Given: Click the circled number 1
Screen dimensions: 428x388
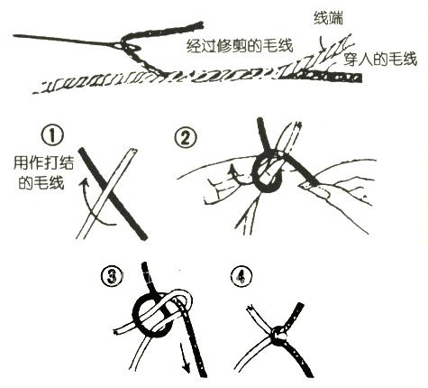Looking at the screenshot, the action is tap(52, 135).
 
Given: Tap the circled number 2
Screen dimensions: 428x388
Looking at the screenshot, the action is tap(186, 139).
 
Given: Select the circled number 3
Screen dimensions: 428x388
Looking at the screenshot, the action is tap(113, 277).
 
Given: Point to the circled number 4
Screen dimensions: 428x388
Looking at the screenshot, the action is tap(241, 277).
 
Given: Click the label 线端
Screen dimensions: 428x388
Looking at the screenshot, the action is tap(328, 18).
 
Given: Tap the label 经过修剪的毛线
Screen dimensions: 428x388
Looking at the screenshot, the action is tap(240, 46).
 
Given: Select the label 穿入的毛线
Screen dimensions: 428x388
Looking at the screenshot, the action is tap(380, 59).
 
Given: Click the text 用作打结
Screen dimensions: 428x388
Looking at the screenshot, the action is tap(44, 163).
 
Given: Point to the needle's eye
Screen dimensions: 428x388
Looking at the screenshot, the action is tap(123, 46).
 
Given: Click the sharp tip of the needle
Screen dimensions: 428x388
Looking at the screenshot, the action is tap(14, 36).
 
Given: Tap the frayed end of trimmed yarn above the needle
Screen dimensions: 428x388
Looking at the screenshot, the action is tap(198, 26).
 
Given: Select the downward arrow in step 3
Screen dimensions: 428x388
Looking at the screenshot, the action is tap(185, 359).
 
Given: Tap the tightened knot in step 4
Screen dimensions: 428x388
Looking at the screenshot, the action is tap(278, 334).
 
